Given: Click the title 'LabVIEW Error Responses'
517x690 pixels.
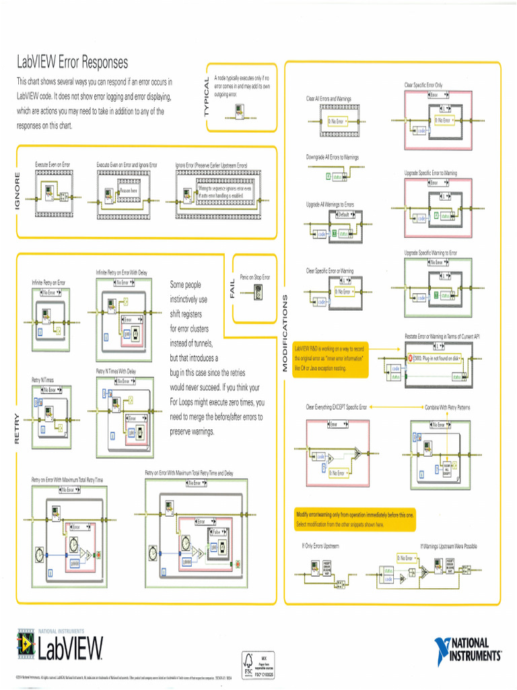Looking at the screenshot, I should point(72,63).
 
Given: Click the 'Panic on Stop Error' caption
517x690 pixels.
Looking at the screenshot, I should point(255,277).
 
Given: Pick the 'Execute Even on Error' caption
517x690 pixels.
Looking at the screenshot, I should point(53,164).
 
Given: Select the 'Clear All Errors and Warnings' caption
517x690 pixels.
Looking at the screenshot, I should point(329,99).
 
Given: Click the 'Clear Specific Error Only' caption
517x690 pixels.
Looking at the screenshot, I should point(423,85).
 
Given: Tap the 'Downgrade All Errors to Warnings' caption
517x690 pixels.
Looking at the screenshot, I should point(333,157).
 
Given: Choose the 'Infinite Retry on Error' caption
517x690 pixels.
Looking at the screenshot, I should point(48,282).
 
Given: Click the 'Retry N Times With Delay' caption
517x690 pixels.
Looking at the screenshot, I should point(116,371).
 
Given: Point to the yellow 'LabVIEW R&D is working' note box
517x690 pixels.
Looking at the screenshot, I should point(331,358).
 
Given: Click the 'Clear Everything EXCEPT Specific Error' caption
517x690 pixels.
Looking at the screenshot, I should point(337,407).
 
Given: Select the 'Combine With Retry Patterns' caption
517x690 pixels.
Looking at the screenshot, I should point(447,407).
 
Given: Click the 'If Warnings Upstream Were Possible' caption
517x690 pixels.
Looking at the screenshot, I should point(448,546).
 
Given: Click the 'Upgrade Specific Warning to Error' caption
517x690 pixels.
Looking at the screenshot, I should point(431,253).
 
